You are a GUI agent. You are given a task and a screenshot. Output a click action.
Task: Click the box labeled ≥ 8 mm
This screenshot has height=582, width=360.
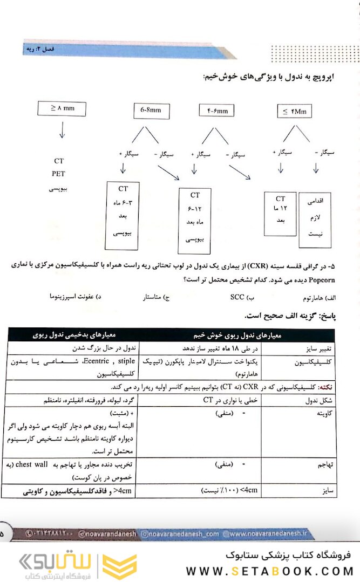[x=62, y=108]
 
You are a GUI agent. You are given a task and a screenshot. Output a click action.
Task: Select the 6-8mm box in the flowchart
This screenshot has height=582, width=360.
[x=151, y=111]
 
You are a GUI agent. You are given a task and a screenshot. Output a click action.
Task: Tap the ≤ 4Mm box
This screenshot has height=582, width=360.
[x=295, y=112]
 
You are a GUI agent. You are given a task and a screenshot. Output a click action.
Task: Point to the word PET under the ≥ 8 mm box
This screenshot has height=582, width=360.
[x=59, y=174]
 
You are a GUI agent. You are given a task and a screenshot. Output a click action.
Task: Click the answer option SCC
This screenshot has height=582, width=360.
[x=237, y=297]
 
